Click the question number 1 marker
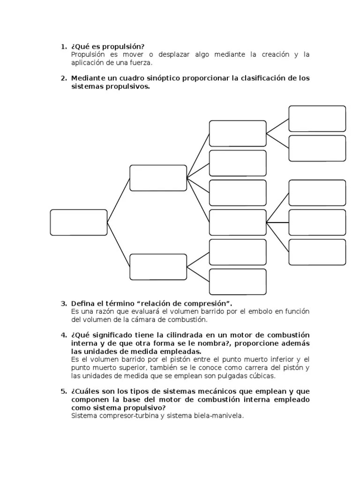[63, 46]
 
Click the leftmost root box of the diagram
[79, 222]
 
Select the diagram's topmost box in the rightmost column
[317, 119]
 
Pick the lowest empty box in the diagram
[238, 282]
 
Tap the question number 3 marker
[63, 303]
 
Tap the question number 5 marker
[63, 391]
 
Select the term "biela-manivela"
[217, 415]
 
